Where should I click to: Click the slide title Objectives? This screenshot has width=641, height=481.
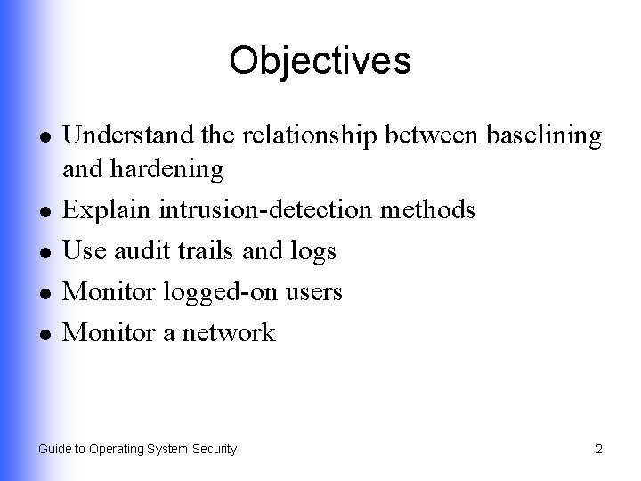(x=320, y=61)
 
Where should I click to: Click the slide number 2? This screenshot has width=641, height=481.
(x=599, y=450)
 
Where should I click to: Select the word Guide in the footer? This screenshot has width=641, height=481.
(x=53, y=450)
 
